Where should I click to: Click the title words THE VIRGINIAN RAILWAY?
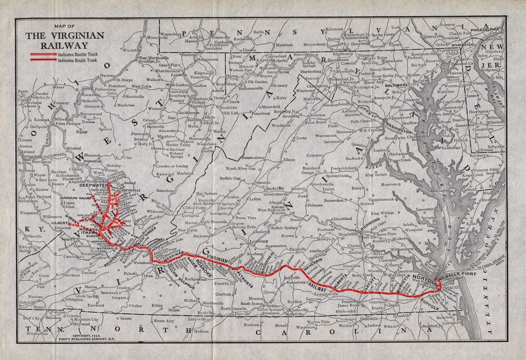[x=64, y=40]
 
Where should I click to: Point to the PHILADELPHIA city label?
[x=485, y=30]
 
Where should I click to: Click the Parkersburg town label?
[x=109, y=89]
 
